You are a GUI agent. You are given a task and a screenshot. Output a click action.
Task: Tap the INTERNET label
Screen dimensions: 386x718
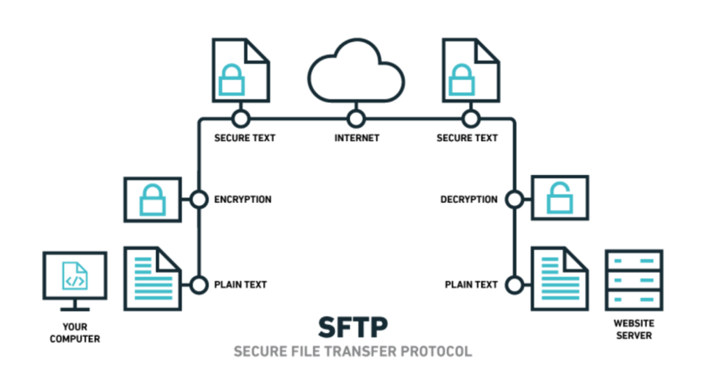[x=356, y=137]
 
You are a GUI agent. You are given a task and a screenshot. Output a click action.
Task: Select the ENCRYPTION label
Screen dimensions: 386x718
[x=243, y=199]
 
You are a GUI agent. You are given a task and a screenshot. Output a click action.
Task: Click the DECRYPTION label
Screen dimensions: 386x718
[x=469, y=199]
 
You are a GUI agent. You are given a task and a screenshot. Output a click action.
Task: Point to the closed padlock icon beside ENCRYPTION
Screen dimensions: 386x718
[x=154, y=199]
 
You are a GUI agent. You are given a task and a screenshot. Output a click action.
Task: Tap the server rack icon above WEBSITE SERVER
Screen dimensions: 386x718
[x=633, y=280]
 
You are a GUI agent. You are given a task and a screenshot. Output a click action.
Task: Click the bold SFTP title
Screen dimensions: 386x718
[x=353, y=326]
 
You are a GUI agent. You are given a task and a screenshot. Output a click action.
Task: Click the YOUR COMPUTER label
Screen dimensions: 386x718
[x=74, y=332]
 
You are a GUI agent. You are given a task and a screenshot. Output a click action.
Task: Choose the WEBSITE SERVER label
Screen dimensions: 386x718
[x=633, y=329]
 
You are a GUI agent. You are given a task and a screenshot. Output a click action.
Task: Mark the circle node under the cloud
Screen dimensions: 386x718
[x=356, y=118]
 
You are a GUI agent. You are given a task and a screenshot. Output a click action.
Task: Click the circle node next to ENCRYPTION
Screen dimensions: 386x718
[x=198, y=199]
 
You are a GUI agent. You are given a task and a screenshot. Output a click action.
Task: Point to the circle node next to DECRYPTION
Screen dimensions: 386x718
[x=514, y=199]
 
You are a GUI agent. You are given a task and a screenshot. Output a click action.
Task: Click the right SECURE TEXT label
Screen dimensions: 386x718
[x=467, y=137]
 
